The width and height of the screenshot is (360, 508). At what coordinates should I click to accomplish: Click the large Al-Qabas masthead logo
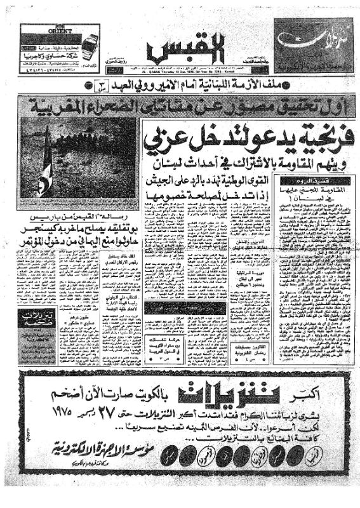coord(181,51)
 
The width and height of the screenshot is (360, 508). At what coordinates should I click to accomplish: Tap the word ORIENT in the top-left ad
coord(44,30)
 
